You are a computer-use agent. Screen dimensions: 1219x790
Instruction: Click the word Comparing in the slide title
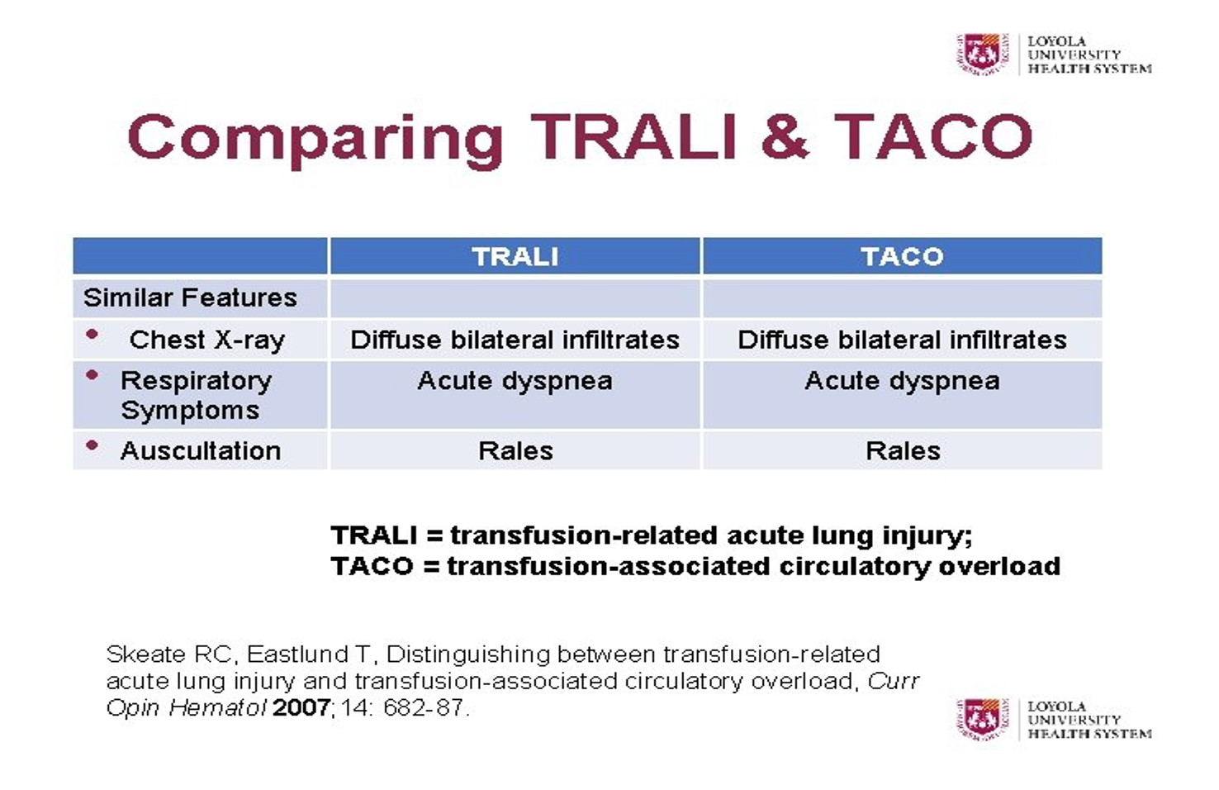(315, 140)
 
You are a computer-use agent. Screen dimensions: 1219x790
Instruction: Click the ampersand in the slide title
(785, 136)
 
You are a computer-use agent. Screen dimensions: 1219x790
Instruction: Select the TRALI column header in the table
(515, 256)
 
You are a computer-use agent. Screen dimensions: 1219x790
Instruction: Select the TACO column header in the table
(903, 256)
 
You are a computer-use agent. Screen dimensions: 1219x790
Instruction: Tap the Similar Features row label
(190, 297)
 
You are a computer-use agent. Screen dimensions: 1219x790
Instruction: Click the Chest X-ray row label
(206, 340)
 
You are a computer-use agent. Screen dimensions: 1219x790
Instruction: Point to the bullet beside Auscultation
(92, 446)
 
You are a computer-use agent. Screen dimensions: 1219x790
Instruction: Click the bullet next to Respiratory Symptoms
(92, 375)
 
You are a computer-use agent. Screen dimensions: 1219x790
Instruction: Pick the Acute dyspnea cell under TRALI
(515, 381)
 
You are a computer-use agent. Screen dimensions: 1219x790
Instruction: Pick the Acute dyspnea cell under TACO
(903, 381)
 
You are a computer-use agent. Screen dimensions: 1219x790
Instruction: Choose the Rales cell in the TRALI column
(515, 451)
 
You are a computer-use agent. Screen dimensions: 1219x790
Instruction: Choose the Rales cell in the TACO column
(903, 451)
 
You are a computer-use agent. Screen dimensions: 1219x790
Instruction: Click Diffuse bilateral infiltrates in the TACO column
(903, 340)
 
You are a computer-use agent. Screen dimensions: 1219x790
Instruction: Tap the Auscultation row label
(200, 451)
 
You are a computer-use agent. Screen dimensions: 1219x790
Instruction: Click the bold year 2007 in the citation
(301, 708)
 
